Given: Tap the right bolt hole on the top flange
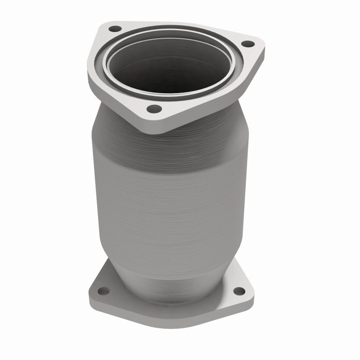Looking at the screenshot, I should coord(246,44).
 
